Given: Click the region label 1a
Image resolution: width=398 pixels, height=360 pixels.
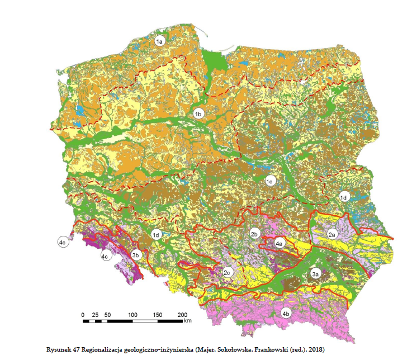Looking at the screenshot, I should [x=159, y=41].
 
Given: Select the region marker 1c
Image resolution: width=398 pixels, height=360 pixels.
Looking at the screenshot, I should [x=269, y=181].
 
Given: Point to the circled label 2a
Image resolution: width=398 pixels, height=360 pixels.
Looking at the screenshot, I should [x=331, y=235].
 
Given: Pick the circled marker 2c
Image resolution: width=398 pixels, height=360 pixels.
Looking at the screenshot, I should [x=227, y=273].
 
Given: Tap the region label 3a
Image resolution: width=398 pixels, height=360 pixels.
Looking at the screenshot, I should [x=315, y=274].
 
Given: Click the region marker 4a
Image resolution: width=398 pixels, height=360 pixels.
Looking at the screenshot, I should [x=279, y=243].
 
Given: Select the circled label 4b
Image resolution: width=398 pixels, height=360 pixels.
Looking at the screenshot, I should [x=286, y=313].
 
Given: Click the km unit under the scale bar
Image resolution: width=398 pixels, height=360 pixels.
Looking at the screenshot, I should [x=188, y=321].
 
